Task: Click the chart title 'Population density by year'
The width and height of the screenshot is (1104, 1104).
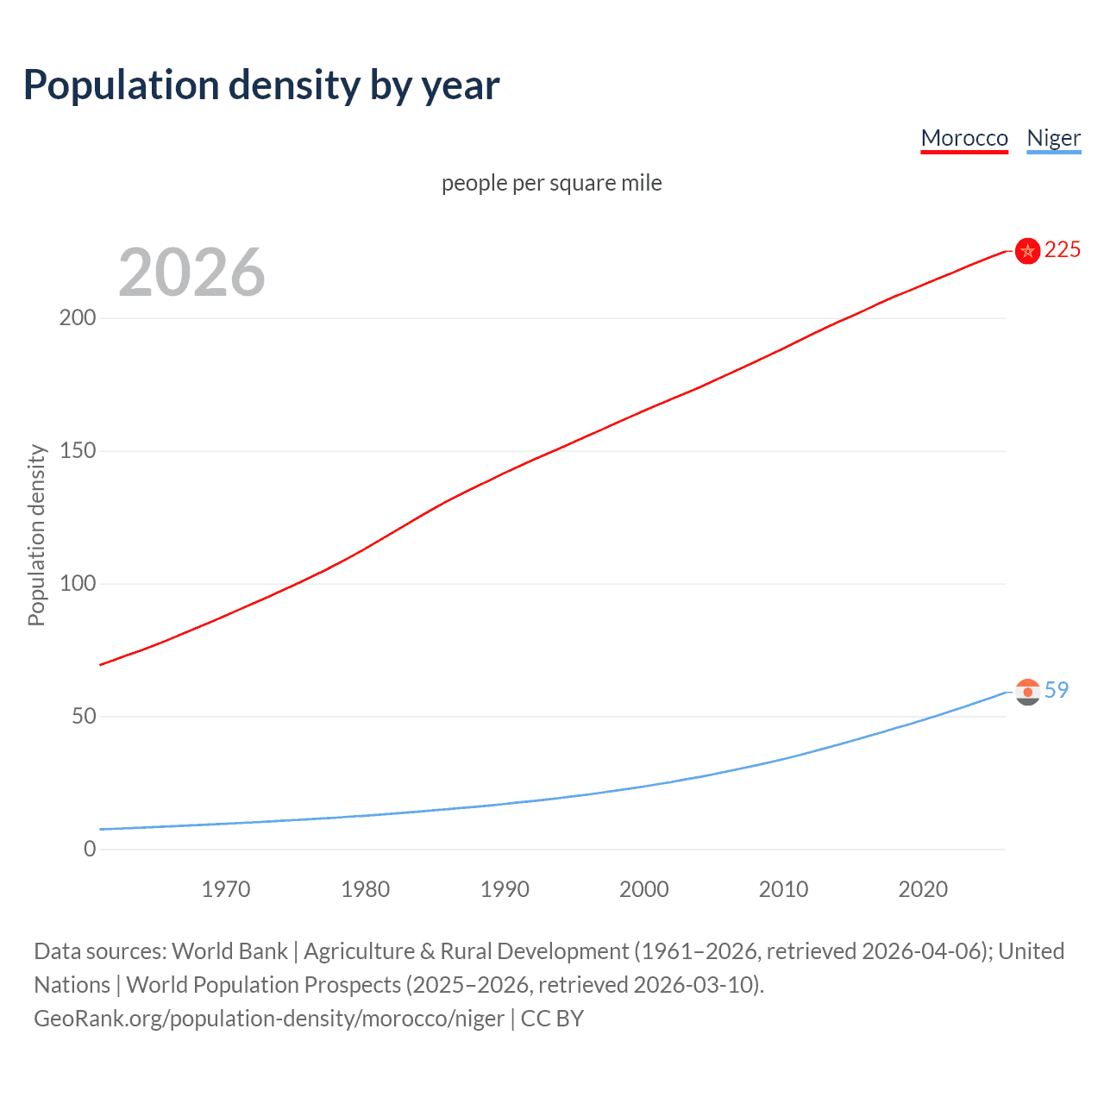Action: click(261, 85)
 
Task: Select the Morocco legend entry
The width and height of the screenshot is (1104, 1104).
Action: click(963, 138)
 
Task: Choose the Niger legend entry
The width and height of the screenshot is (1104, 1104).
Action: click(1053, 138)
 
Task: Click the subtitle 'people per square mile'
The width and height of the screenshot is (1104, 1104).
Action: click(551, 183)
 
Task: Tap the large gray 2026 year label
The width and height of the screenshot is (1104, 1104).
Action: click(191, 273)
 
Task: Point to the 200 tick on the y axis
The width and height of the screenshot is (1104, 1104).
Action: click(78, 318)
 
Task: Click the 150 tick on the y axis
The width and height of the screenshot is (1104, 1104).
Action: click(78, 451)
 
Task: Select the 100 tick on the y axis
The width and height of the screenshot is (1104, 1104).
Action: click(78, 584)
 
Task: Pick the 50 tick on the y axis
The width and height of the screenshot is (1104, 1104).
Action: click(84, 717)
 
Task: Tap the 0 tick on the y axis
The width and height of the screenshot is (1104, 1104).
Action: click(90, 850)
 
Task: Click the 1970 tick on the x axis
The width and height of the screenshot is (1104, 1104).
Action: click(226, 889)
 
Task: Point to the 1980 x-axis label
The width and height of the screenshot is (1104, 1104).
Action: click(365, 889)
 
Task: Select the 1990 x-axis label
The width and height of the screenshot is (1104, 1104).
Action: click(505, 889)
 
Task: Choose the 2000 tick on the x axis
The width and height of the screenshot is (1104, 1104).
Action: click(644, 889)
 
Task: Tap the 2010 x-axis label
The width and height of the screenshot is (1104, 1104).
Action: click(783, 889)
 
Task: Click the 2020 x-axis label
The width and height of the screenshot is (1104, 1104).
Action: click(923, 889)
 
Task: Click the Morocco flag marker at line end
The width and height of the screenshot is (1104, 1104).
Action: click(1027, 251)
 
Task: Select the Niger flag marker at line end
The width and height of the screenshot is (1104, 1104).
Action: click(1027, 692)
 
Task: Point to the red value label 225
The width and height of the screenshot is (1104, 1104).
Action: click(1062, 250)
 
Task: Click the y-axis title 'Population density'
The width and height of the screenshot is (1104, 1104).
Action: click(36, 535)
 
